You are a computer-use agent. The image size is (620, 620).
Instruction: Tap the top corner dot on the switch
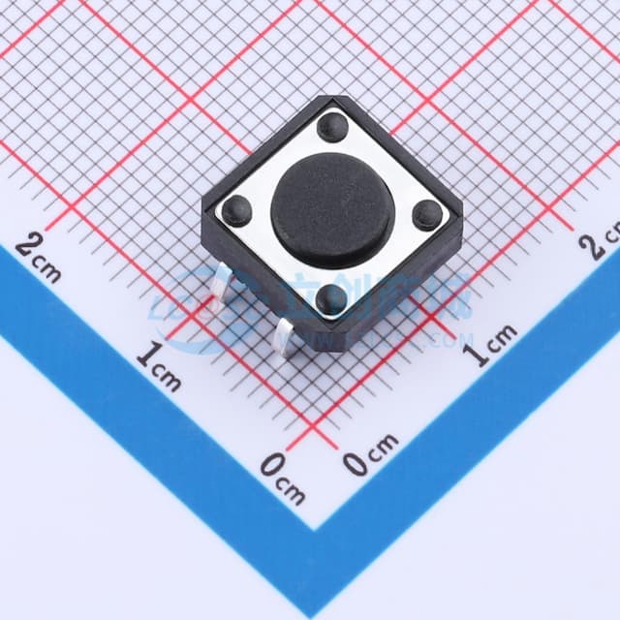pos(332,126)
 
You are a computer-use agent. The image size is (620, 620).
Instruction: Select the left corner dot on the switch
pos(235,209)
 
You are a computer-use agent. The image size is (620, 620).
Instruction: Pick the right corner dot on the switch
pos(426,214)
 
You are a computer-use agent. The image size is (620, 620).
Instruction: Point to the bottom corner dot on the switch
pos(331,297)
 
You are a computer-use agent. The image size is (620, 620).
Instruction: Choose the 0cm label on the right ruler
pos(370,455)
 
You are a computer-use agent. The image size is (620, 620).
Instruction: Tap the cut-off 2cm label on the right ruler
pos(601,242)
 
